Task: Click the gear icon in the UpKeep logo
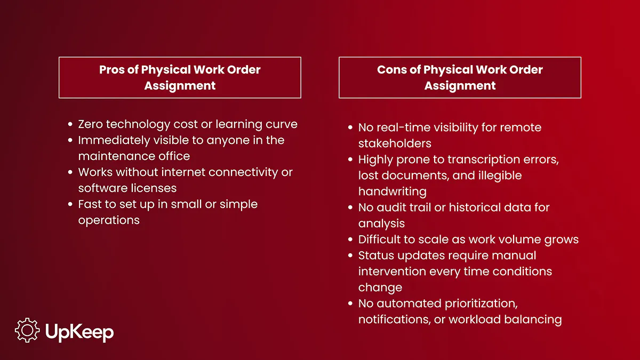27,330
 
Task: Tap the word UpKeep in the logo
79,333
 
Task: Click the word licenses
154,188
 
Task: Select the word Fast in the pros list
90,204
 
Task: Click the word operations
109,221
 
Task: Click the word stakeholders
395,143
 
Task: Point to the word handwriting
393,192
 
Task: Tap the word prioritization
481,304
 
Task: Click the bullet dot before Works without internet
70,172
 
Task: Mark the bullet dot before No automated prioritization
350,303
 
